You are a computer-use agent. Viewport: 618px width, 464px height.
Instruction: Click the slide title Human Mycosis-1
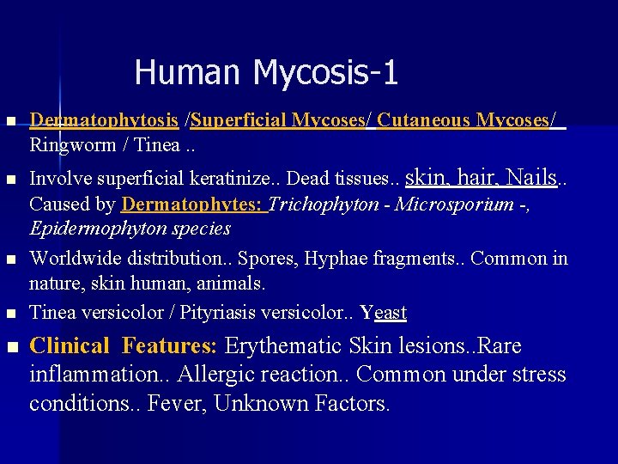tap(266, 72)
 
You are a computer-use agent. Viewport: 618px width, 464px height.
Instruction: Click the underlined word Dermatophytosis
tap(104, 120)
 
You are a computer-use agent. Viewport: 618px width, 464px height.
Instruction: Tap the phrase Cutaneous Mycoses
tap(464, 120)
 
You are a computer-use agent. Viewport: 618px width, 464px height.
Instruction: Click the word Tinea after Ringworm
tap(154, 144)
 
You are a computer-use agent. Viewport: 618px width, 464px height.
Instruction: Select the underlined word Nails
tap(530, 178)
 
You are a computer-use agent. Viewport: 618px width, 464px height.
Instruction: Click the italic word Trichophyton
tap(324, 205)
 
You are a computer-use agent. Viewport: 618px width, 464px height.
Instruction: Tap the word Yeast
tap(384, 313)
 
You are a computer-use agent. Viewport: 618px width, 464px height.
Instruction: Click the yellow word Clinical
tap(70, 346)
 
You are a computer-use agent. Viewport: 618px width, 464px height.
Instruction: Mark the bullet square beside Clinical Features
tap(10, 347)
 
